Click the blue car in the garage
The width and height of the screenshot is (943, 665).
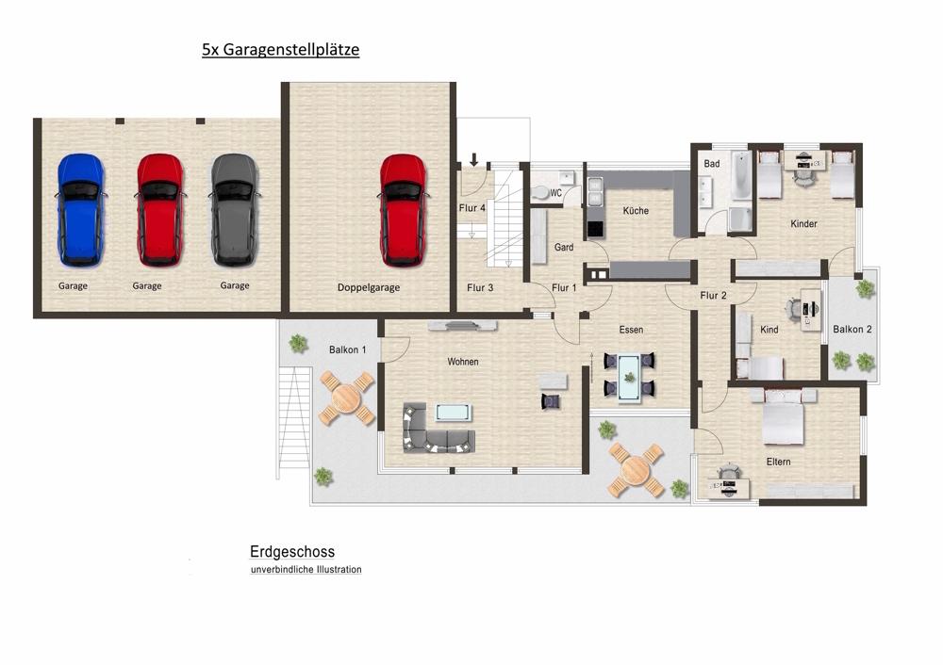pyautogui.click(x=80, y=210)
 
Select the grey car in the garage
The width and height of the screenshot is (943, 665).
pyautogui.click(x=234, y=210)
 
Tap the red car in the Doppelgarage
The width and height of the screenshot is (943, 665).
pyautogui.click(x=403, y=210)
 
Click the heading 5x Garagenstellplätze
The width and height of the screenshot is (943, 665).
pyautogui.click(x=280, y=49)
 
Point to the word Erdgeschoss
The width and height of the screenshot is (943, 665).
pyautogui.click(x=292, y=551)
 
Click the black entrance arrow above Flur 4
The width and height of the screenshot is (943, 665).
pyautogui.click(x=474, y=160)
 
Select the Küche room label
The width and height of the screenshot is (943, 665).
pyautogui.click(x=636, y=211)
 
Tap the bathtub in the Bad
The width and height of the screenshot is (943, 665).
pyautogui.click(x=741, y=176)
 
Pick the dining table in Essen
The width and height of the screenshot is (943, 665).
pyautogui.click(x=629, y=378)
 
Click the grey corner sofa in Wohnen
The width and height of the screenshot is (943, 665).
pyautogui.click(x=438, y=428)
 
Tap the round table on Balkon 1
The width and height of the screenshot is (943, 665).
pyautogui.click(x=346, y=397)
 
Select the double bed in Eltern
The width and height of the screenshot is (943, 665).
pyautogui.click(x=783, y=415)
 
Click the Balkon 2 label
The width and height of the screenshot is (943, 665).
pyautogui.click(x=852, y=329)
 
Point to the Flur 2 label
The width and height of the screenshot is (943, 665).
pyautogui.click(x=713, y=296)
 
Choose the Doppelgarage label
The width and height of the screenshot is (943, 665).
pyautogui.click(x=369, y=287)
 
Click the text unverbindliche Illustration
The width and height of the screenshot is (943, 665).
pyautogui.click(x=306, y=570)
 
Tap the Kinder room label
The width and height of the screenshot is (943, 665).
pyautogui.click(x=803, y=224)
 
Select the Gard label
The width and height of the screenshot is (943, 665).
pyautogui.click(x=564, y=247)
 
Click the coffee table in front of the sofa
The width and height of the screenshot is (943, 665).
pyautogui.click(x=454, y=413)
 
